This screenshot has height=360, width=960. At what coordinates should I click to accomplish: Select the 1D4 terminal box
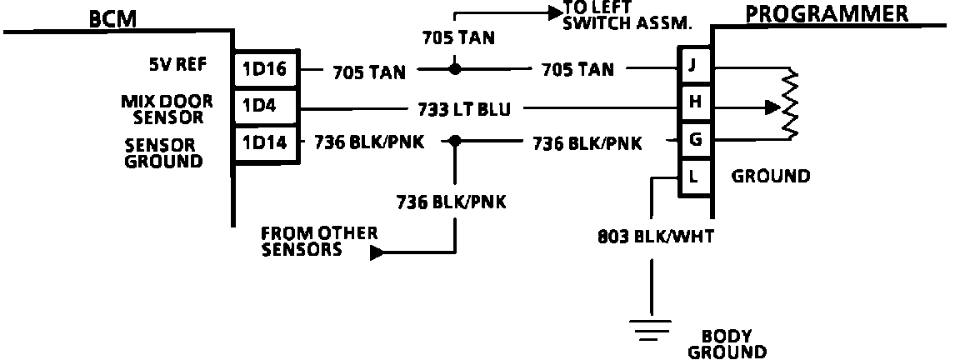click(264, 107)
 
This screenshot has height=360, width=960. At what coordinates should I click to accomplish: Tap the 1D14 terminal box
click(264, 143)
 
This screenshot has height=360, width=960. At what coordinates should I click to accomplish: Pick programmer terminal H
click(694, 102)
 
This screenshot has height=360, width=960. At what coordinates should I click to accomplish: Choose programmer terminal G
click(694, 140)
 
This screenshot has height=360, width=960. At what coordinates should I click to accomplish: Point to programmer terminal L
click(694, 177)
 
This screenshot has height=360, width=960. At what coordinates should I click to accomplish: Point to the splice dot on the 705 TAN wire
click(455, 68)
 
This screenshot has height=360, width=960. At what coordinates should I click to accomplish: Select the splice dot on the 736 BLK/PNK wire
click(455, 142)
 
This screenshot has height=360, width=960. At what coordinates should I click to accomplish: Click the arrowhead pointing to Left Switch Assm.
click(553, 13)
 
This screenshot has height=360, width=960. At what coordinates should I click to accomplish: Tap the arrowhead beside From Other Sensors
click(377, 252)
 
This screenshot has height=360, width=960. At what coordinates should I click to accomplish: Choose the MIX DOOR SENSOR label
click(166, 109)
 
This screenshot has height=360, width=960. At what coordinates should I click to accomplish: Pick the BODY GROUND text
click(726, 344)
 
